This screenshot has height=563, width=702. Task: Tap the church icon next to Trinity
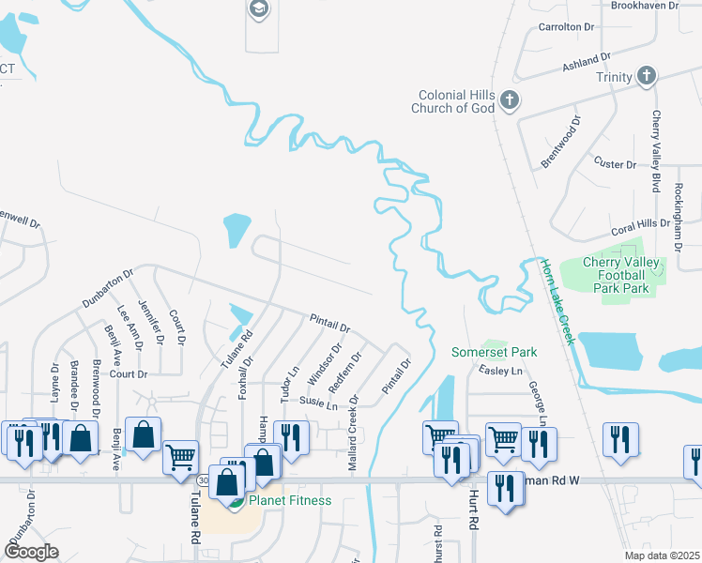(647, 76)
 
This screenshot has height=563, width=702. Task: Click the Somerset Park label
(494, 352)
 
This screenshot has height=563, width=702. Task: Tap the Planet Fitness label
(289, 500)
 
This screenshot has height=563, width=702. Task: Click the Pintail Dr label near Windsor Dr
(329, 324)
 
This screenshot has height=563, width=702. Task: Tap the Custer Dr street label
(616, 164)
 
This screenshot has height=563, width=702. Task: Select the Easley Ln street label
(500, 372)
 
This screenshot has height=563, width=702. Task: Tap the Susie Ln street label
(317, 404)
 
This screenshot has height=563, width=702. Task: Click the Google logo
(31, 552)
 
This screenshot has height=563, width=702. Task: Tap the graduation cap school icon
(258, 9)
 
